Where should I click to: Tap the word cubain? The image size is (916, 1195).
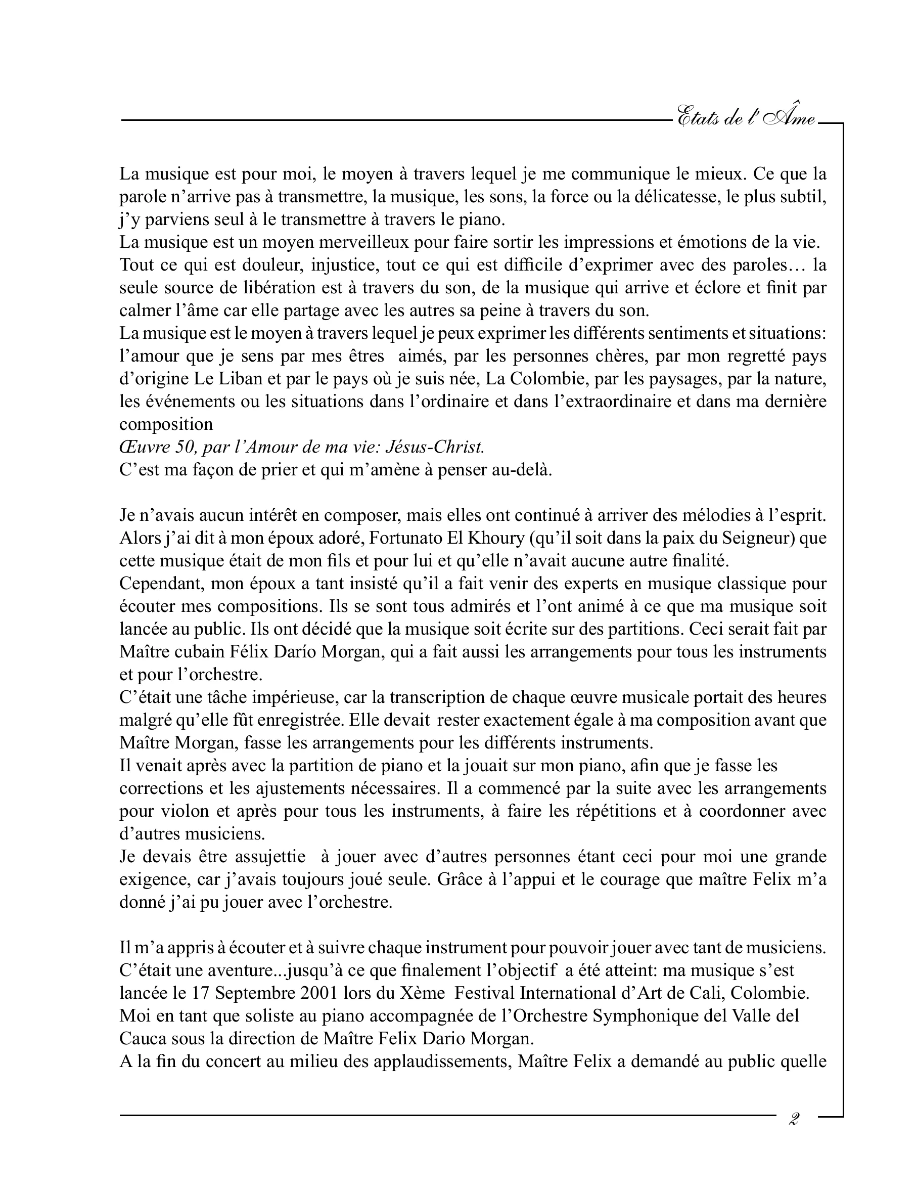point(203,652)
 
